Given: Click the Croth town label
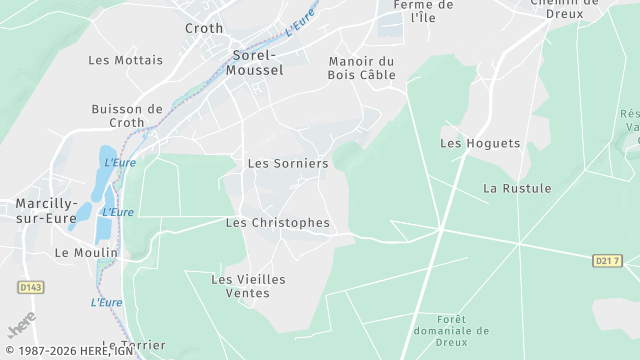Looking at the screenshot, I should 204,28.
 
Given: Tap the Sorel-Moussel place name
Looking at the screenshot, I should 257,63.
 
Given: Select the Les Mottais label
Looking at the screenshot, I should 125,60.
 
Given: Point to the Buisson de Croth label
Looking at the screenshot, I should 126,116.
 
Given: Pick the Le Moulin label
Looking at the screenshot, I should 86,253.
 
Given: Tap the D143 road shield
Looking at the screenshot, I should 31,288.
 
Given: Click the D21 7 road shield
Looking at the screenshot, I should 607,261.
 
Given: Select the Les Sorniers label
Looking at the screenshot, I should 288,163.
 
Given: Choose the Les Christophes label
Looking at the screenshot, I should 278,222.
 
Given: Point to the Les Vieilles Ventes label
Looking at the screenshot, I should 248,286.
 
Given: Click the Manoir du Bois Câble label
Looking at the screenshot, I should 362,68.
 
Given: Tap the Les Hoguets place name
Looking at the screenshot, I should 480,144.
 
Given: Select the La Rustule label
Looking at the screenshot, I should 517,188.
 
